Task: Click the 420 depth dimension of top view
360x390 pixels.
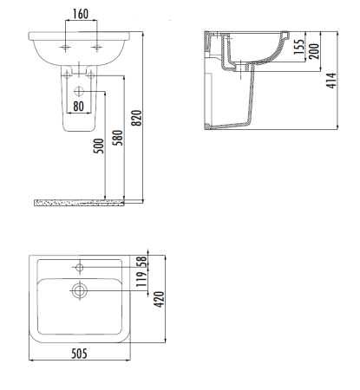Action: tap(159, 299)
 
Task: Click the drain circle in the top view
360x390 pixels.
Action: tap(79, 290)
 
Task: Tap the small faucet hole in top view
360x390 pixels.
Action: tap(79, 266)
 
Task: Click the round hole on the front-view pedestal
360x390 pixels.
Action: tap(79, 90)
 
